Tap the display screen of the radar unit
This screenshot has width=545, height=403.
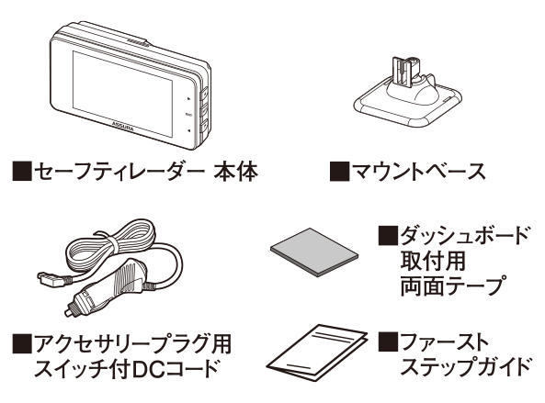[122, 94]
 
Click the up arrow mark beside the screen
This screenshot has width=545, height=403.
[188, 98]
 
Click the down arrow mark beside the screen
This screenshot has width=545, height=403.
[188, 131]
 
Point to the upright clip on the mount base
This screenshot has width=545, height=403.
[403, 72]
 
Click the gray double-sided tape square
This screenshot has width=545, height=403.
[314, 252]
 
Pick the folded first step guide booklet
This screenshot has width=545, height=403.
[317, 353]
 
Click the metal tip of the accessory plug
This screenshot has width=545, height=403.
[69, 310]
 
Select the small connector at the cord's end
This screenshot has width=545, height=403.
[51, 279]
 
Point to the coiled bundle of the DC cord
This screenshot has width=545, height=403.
[111, 245]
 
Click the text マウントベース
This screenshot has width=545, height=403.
[419, 172]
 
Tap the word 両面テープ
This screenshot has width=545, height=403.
[452, 285]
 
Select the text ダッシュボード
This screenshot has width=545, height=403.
[465, 236]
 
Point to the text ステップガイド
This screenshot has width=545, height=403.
[466, 366]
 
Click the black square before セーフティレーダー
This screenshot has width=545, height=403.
[22, 172]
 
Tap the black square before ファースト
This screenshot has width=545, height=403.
[388, 341]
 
